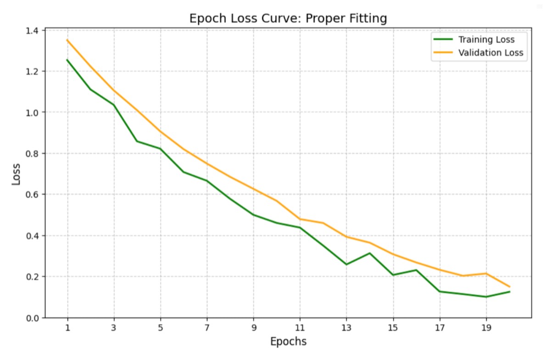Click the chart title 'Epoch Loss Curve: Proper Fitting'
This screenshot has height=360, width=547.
pyautogui.click(x=288, y=19)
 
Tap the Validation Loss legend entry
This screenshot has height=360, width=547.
pyautogui.click(x=491, y=53)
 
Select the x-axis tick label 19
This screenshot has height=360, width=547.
pyautogui.click(x=486, y=328)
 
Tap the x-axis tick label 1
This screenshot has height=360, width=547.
pyautogui.click(x=67, y=328)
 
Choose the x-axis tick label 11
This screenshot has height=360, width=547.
pyautogui.click(x=300, y=328)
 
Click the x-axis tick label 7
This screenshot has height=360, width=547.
pyautogui.click(x=207, y=328)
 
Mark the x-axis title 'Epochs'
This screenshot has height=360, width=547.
pyautogui.click(x=288, y=342)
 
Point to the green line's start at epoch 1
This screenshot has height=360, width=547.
pyautogui.click(x=67, y=60)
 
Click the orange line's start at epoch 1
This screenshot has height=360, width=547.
pyautogui.click(x=67, y=40)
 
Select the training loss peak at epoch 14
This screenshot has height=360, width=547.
pyautogui.click(x=369, y=253)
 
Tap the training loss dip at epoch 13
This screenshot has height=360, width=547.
pyautogui.click(x=346, y=264)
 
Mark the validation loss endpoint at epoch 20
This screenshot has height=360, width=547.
pyautogui.click(x=509, y=287)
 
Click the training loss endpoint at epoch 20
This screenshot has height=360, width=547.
pyautogui.click(x=509, y=292)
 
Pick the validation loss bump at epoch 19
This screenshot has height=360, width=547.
pyautogui.click(x=486, y=274)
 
